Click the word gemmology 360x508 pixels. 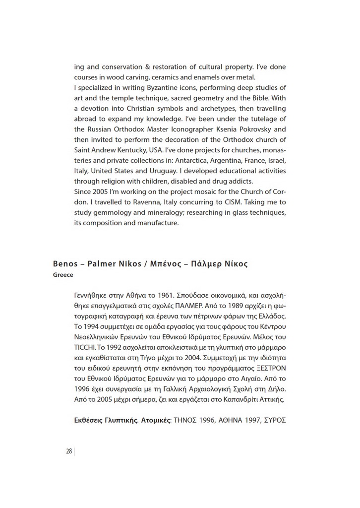click(111, 213)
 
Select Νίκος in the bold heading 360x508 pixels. click(235, 263)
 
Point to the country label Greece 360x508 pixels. click(63, 275)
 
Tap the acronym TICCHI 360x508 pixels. click(85, 347)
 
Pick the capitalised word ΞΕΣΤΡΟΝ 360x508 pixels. click(268, 368)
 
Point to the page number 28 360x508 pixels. click(68, 451)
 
